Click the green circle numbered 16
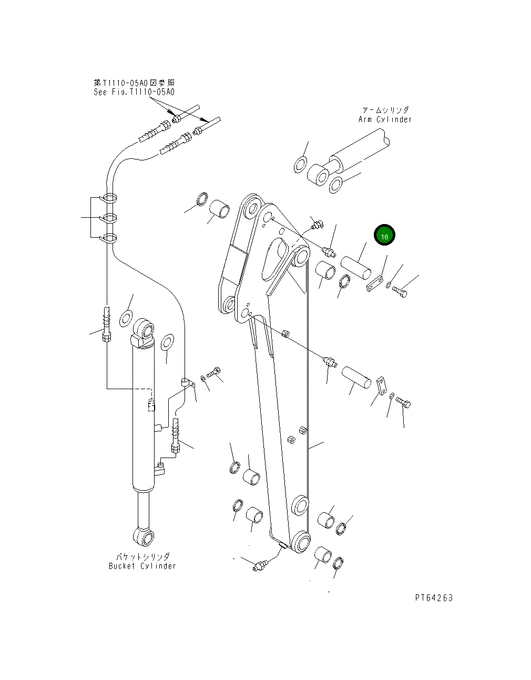click(384, 236)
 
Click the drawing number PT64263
click(433, 598)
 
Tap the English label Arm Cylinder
click(385, 119)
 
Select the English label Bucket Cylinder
click(142, 566)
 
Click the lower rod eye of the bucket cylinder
click(145, 536)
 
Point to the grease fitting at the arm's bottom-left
click(260, 566)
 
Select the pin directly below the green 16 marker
click(356, 267)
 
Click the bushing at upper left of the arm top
click(219, 208)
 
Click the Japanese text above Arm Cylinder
click(385, 110)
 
